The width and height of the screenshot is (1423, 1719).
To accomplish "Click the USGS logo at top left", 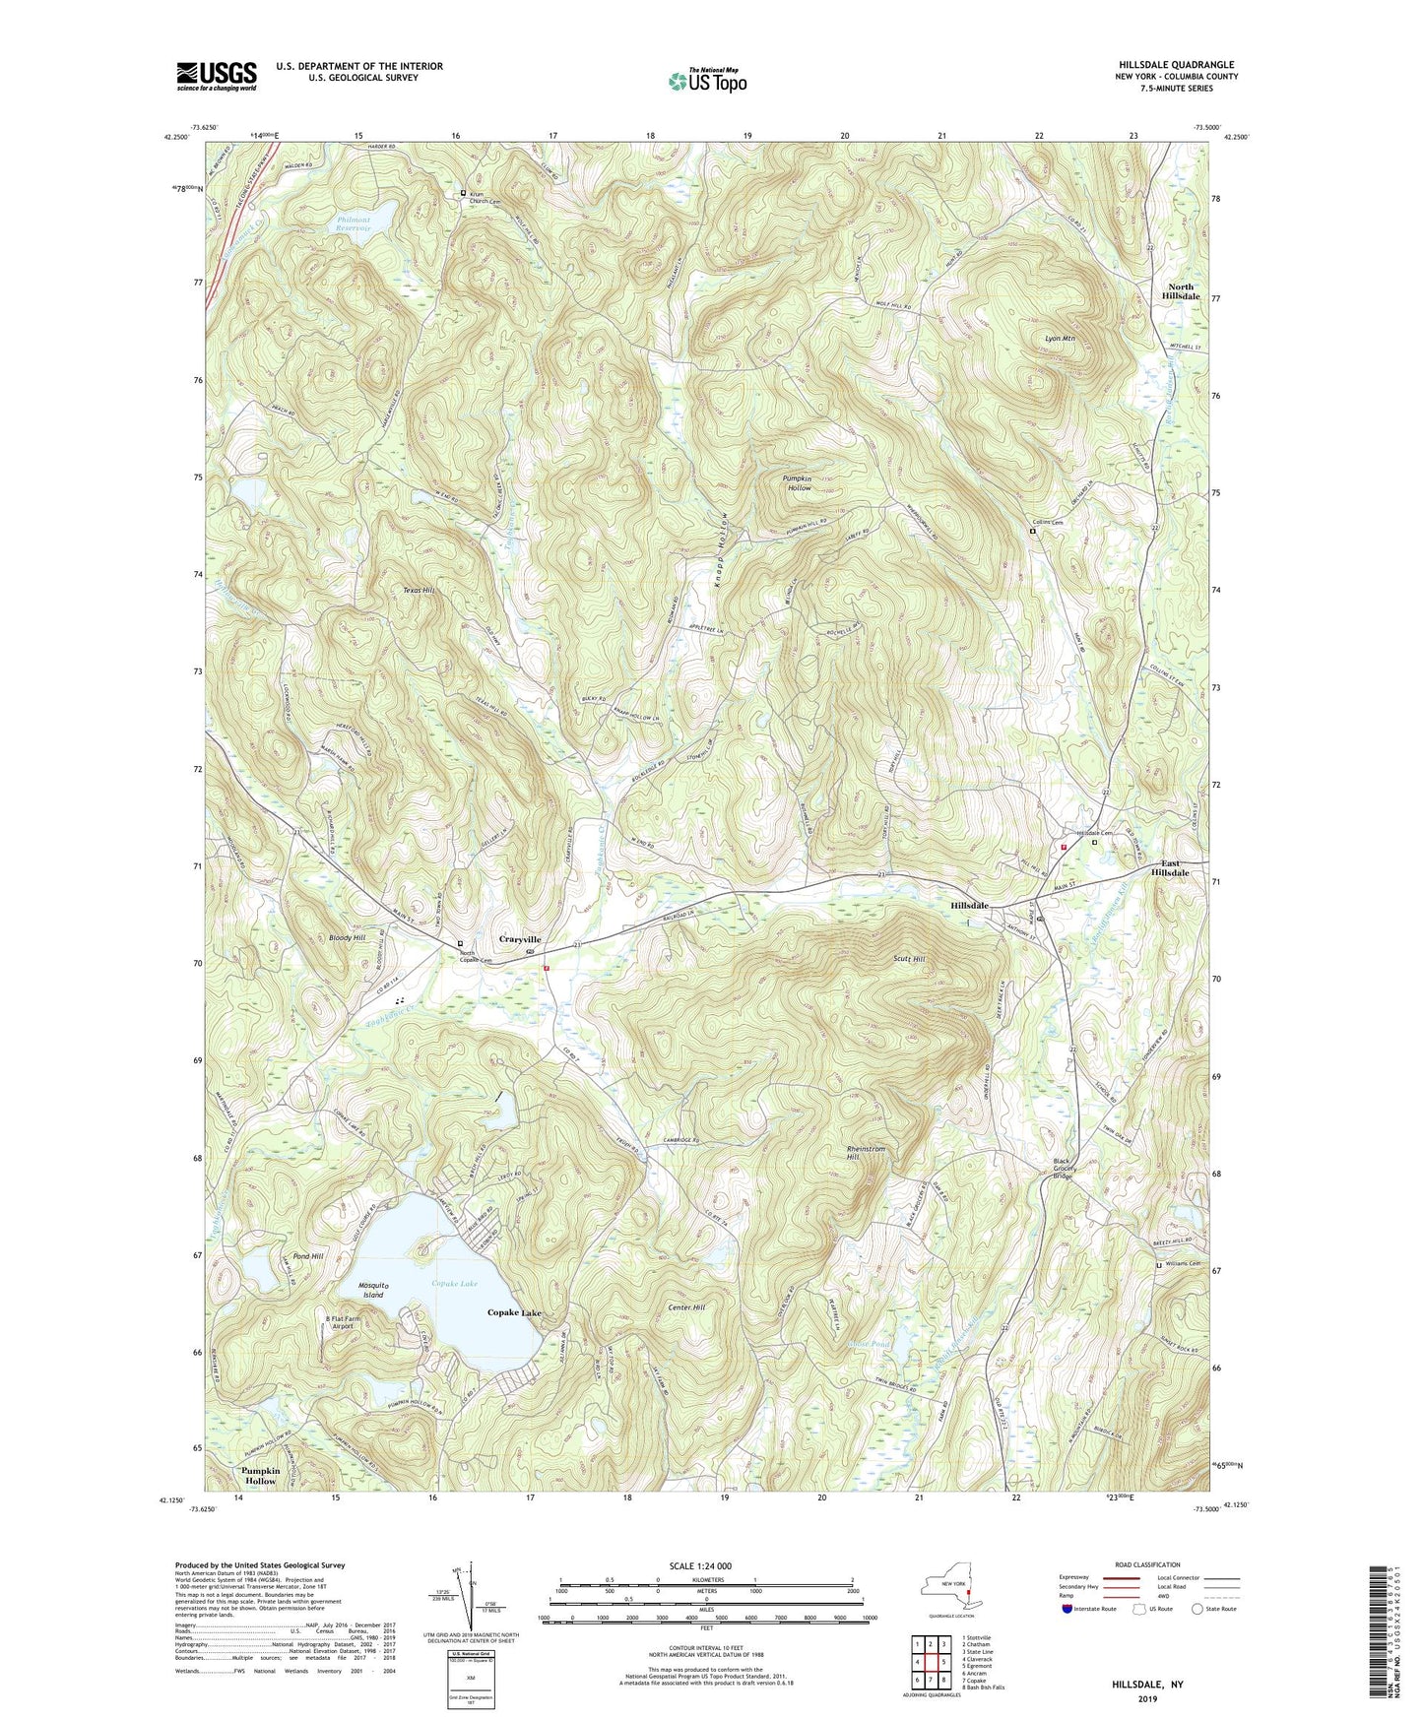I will (217, 76).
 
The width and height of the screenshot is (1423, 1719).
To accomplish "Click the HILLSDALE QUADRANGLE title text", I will (1176, 65).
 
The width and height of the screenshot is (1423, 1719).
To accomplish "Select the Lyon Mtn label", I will (1060, 339).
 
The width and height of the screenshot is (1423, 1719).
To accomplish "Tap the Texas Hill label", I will (418, 590).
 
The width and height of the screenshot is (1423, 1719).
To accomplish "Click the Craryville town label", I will (519, 939).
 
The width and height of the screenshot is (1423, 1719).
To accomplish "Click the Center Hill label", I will (686, 1307).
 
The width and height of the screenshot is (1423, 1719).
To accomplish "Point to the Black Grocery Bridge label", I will (1063, 1169).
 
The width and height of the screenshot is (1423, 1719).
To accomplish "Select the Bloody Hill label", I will (348, 938).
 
